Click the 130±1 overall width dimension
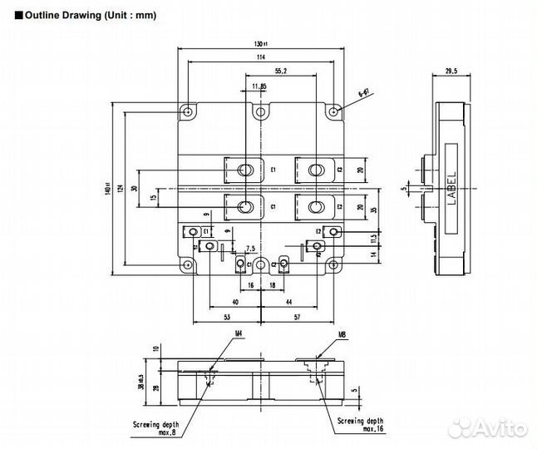(262, 45)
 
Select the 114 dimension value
(262, 57)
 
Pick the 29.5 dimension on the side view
(451, 72)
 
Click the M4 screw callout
(238, 334)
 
